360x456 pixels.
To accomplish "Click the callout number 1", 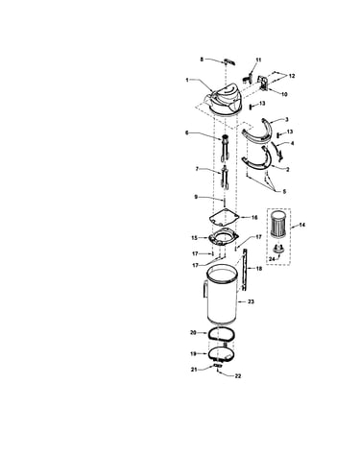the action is tap(187, 80).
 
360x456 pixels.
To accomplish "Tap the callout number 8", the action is tap(202, 60).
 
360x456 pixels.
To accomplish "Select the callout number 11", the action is tap(258, 60).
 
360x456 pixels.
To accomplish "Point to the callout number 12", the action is tap(292, 76).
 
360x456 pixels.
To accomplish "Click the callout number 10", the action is tap(284, 94).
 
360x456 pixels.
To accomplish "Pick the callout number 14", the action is tap(301, 225).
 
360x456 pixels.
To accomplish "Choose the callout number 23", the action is tap(252, 301).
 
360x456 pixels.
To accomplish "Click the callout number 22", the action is tap(238, 376).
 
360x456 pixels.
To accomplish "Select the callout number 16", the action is tap(254, 218).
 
